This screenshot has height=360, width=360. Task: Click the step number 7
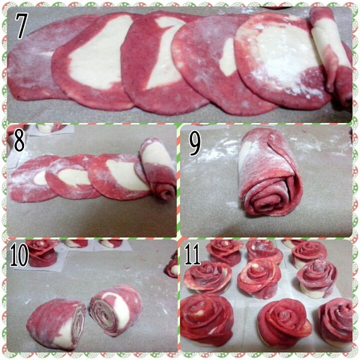click(22, 26)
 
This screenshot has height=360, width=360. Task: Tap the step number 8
click(19, 140)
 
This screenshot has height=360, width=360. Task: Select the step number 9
click(194, 144)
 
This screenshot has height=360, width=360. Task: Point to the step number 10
click(19, 255)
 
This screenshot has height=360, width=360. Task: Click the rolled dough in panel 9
click(270, 172)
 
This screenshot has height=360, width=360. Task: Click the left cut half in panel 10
click(56, 324)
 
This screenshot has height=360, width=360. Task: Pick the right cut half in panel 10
click(115, 310)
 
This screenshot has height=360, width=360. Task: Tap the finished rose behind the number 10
click(41, 253)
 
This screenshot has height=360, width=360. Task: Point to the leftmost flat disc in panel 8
click(32, 179)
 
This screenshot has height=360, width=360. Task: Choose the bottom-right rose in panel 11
click(335, 322)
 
